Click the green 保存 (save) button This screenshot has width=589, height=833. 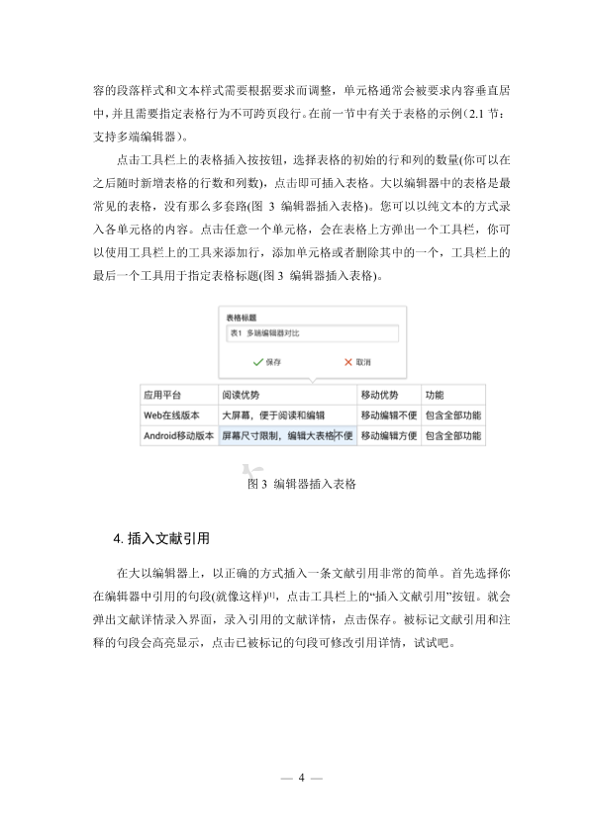pyautogui.click(x=264, y=362)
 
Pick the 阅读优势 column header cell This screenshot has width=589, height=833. pyautogui.click(x=286, y=395)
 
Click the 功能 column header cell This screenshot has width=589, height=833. pyautogui.click(x=452, y=395)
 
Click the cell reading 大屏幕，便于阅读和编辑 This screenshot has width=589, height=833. pyautogui.click(x=286, y=416)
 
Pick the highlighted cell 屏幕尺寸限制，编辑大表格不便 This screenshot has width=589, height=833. pyautogui.click(x=286, y=435)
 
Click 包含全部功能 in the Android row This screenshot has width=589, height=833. pyautogui.click(x=452, y=435)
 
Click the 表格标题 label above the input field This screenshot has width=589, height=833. pyautogui.click(x=242, y=318)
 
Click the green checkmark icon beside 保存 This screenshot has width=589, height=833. pyautogui.click(x=244, y=362)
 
